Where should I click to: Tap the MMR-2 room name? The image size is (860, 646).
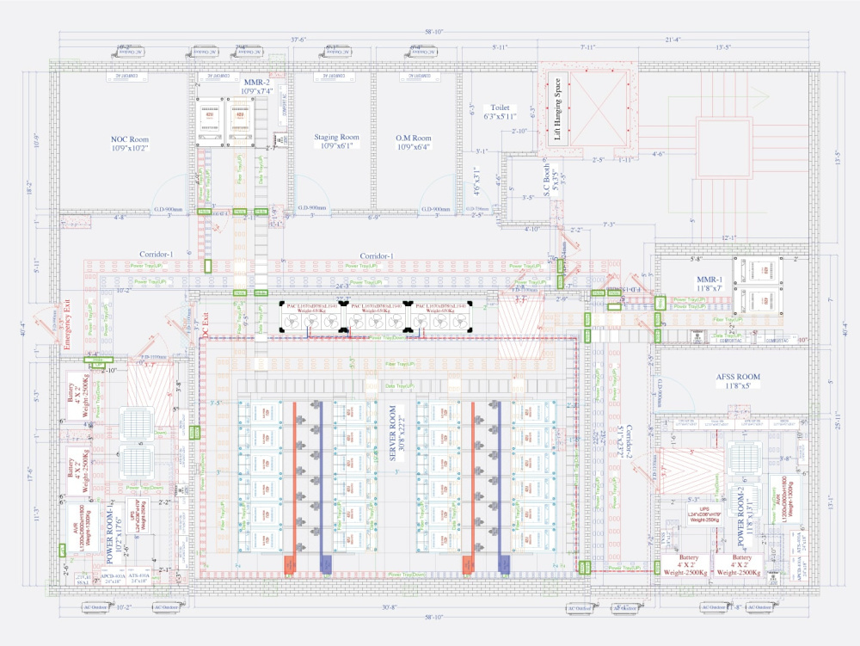pyautogui.click(x=256, y=82)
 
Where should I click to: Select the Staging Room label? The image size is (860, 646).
pyautogui.click(x=337, y=137)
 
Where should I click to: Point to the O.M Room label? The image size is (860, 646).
pyautogui.click(x=414, y=137)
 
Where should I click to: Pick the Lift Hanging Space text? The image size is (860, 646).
pyautogui.click(x=559, y=109)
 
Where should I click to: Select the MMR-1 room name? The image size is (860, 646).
pyautogui.click(x=711, y=280)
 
